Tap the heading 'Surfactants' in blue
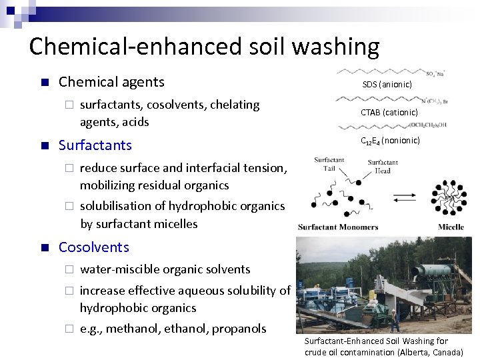(95, 145)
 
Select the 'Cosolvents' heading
(94, 247)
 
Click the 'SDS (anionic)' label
(387, 84)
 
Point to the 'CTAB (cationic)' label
(389, 112)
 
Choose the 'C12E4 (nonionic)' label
(390, 141)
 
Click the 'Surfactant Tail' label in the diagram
(329, 164)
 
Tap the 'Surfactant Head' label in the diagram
(383, 166)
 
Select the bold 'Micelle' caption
(451, 227)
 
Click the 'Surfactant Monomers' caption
(338, 227)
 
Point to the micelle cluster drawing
(450, 197)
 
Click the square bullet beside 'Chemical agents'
(44, 83)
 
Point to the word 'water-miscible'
(117, 269)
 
